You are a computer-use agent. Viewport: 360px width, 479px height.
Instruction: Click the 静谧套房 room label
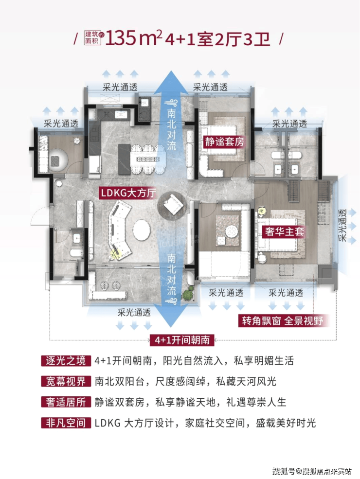point(224,142)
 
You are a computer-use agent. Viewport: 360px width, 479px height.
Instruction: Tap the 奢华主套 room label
point(284,231)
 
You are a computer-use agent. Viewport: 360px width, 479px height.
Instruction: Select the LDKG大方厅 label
point(128,193)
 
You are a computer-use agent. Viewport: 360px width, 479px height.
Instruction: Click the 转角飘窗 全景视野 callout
point(282,321)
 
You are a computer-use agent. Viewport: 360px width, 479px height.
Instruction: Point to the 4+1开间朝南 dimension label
point(182,340)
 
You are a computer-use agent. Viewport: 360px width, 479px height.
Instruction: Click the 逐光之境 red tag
point(66,361)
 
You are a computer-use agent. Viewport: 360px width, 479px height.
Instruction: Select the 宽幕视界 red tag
point(66,381)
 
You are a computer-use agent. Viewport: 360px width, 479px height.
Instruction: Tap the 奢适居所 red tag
point(66,402)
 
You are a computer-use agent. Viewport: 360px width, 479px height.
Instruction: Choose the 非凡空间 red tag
point(66,423)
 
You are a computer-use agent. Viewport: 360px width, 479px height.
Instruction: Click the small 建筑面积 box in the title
point(92,38)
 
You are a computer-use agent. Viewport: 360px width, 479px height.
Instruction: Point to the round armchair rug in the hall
point(172,206)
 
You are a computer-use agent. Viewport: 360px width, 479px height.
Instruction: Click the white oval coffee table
point(142,230)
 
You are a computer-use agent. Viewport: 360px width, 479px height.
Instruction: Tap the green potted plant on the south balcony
point(187,294)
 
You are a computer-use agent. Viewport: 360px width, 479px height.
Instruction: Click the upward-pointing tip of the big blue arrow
point(171,71)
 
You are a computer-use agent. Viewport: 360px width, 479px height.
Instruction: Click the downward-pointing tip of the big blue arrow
point(171,327)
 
